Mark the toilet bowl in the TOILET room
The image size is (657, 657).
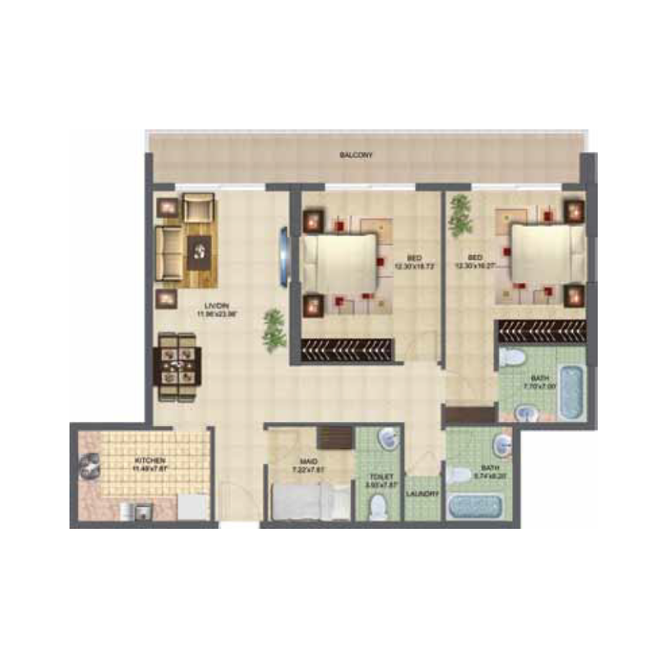coord(378,508)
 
